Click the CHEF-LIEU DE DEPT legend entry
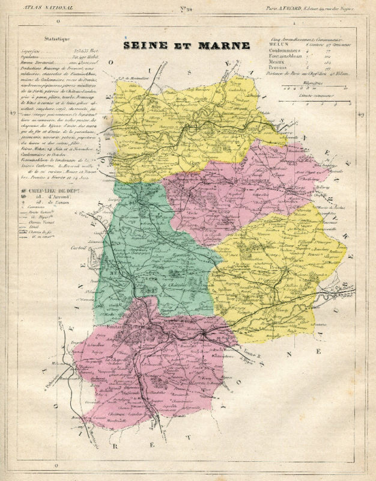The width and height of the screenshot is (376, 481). (x=51, y=191)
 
